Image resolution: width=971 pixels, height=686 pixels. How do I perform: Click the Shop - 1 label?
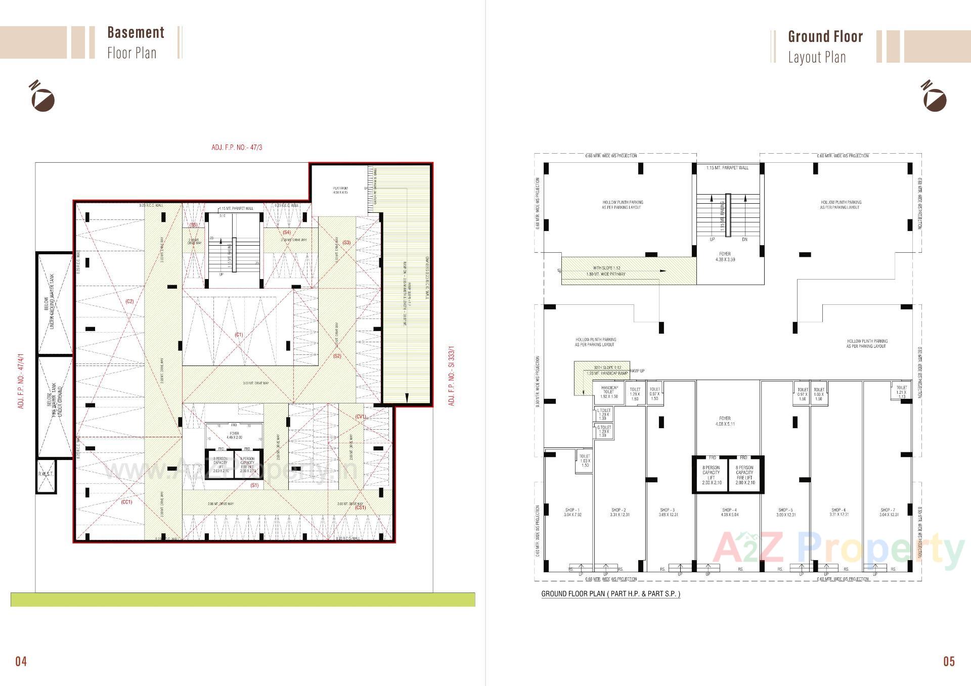[x=572, y=512]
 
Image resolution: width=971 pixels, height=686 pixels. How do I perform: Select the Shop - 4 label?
[x=730, y=512]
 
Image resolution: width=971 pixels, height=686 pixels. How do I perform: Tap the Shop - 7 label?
[x=889, y=512]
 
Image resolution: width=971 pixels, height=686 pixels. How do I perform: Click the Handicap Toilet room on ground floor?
[x=609, y=392]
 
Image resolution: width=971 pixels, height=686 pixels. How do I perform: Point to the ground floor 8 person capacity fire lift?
[x=745, y=475]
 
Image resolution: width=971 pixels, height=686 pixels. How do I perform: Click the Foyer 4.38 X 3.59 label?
[x=725, y=257]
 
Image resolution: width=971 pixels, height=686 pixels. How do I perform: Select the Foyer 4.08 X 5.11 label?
[x=725, y=421]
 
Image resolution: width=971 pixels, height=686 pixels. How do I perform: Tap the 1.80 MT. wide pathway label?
[x=606, y=274]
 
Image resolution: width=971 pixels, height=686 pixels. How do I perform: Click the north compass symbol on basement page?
[x=42, y=96]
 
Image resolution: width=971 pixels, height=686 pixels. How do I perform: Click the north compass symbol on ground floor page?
[x=934, y=96]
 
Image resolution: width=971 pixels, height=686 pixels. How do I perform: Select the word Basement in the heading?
[x=136, y=33]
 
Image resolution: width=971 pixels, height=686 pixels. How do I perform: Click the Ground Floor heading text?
[x=825, y=37]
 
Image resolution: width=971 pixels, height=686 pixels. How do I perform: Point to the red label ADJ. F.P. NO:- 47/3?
[x=237, y=148]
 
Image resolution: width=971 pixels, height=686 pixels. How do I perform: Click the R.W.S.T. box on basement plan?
[x=46, y=475]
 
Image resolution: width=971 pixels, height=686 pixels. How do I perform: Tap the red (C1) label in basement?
[x=239, y=335]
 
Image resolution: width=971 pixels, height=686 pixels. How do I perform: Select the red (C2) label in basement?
[x=129, y=301]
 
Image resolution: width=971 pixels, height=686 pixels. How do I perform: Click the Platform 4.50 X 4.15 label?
[x=340, y=191]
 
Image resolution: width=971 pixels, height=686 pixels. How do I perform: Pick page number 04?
[x=21, y=661]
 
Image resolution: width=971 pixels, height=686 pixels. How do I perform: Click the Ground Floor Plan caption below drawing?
[x=610, y=594]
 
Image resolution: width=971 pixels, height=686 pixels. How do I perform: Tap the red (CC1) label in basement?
[x=126, y=502]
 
